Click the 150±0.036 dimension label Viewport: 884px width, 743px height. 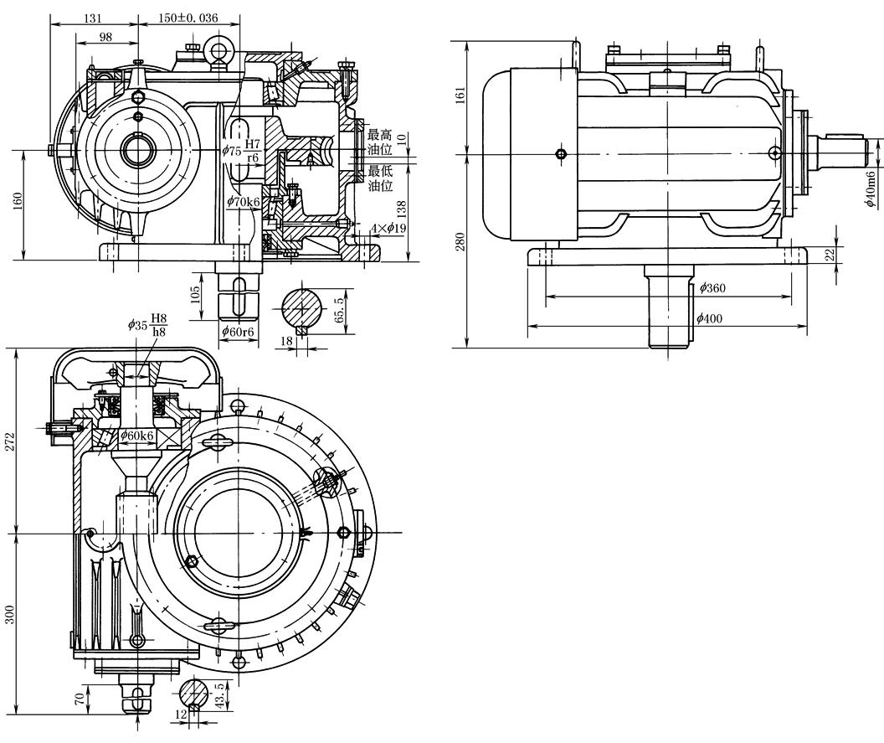pyautogui.click(x=188, y=18)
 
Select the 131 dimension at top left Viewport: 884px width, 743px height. pyautogui.click(x=92, y=18)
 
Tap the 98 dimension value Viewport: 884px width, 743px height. pyautogui.click(x=105, y=37)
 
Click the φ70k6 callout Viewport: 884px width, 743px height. pyautogui.click(x=244, y=201)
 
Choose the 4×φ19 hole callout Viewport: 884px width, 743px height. pyautogui.click(x=388, y=228)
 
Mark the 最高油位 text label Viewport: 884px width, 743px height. pyautogui.click(x=380, y=142)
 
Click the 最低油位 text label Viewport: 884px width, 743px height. pyautogui.click(x=380, y=178)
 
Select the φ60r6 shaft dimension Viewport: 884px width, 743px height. pyautogui.click(x=239, y=331)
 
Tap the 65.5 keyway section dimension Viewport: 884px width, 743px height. pyautogui.click(x=338, y=310)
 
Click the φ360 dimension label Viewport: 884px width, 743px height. pyautogui.click(x=712, y=287)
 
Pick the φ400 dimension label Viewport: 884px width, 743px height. pyautogui.click(x=709, y=319)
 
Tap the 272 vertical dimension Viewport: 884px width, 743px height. pyautogui.click(x=9, y=441)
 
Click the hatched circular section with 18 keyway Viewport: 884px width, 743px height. pyautogui.click(x=303, y=309)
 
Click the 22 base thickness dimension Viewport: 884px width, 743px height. pyautogui.click(x=830, y=255)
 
